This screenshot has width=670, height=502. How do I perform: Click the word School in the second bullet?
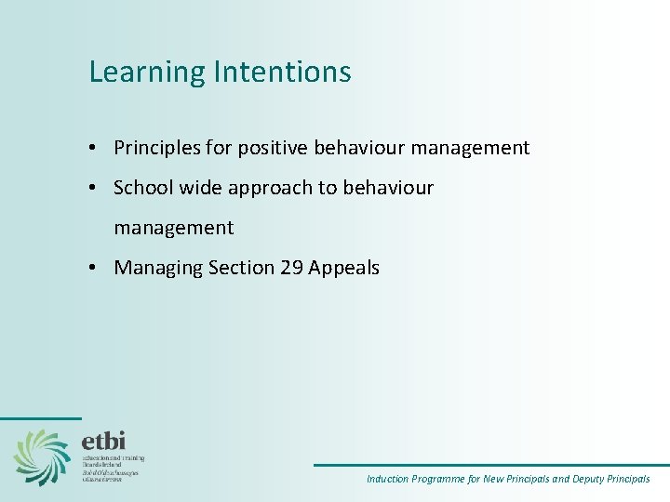click(141, 188)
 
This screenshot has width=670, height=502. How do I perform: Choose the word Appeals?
click(344, 269)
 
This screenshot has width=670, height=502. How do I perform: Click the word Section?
click(241, 268)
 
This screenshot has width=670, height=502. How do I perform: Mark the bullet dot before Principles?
click(95, 149)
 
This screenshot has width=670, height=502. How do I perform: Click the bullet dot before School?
click(95, 189)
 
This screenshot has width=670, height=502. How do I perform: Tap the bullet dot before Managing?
click(95, 269)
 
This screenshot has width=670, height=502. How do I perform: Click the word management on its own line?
click(174, 228)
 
